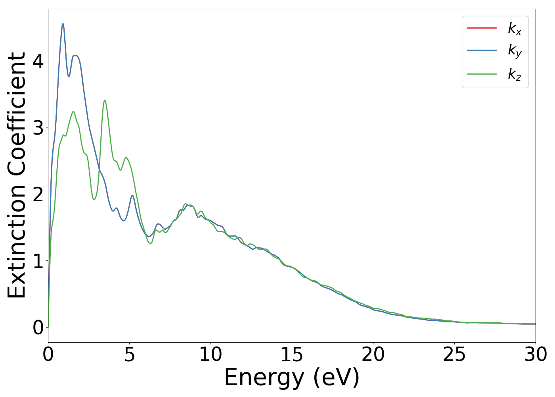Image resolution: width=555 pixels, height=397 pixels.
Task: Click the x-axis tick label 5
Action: click(129, 355)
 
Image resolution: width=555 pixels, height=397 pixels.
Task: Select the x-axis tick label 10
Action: click(211, 355)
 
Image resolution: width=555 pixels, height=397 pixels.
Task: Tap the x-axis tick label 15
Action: click(292, 355)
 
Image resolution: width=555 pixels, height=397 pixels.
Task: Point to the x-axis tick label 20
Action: click(373, 355)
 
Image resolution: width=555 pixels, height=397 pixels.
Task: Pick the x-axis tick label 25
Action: click(454, 355)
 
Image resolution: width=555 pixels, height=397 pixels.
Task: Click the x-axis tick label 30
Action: click(536, 355)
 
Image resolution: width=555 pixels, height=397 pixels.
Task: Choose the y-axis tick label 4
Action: click(38, 61)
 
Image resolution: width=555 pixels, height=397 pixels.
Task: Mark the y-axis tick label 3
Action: click(38, 127)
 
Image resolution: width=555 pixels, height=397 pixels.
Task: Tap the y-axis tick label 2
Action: click(38, 194)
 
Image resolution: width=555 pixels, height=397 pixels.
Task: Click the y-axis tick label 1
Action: click(38, 261)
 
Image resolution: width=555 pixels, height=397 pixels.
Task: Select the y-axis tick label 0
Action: click(38, 328)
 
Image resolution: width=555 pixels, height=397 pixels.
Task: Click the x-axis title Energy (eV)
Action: click(292, 377)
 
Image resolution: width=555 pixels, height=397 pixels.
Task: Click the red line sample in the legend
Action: click(482, 28)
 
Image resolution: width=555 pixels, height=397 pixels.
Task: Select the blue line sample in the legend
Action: click(482, 50)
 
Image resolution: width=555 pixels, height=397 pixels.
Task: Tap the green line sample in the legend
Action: click(482, 73)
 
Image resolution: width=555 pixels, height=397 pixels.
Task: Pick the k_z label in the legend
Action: click(515, 74)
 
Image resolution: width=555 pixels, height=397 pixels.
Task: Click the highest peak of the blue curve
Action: click(63, 24)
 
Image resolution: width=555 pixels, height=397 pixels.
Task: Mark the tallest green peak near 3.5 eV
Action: click(105, 100)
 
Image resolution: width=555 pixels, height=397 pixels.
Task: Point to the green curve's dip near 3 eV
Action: click(94, 199)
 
